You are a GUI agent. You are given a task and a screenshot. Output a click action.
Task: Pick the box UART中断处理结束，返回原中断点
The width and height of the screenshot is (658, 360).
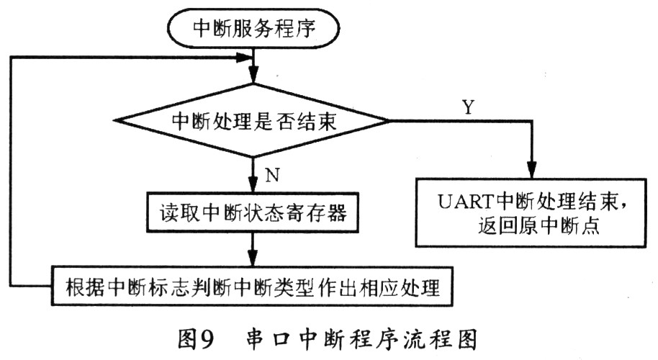point(531,214)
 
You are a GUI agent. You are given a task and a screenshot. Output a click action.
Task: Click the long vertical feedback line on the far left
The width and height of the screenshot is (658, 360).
point(10,173)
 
